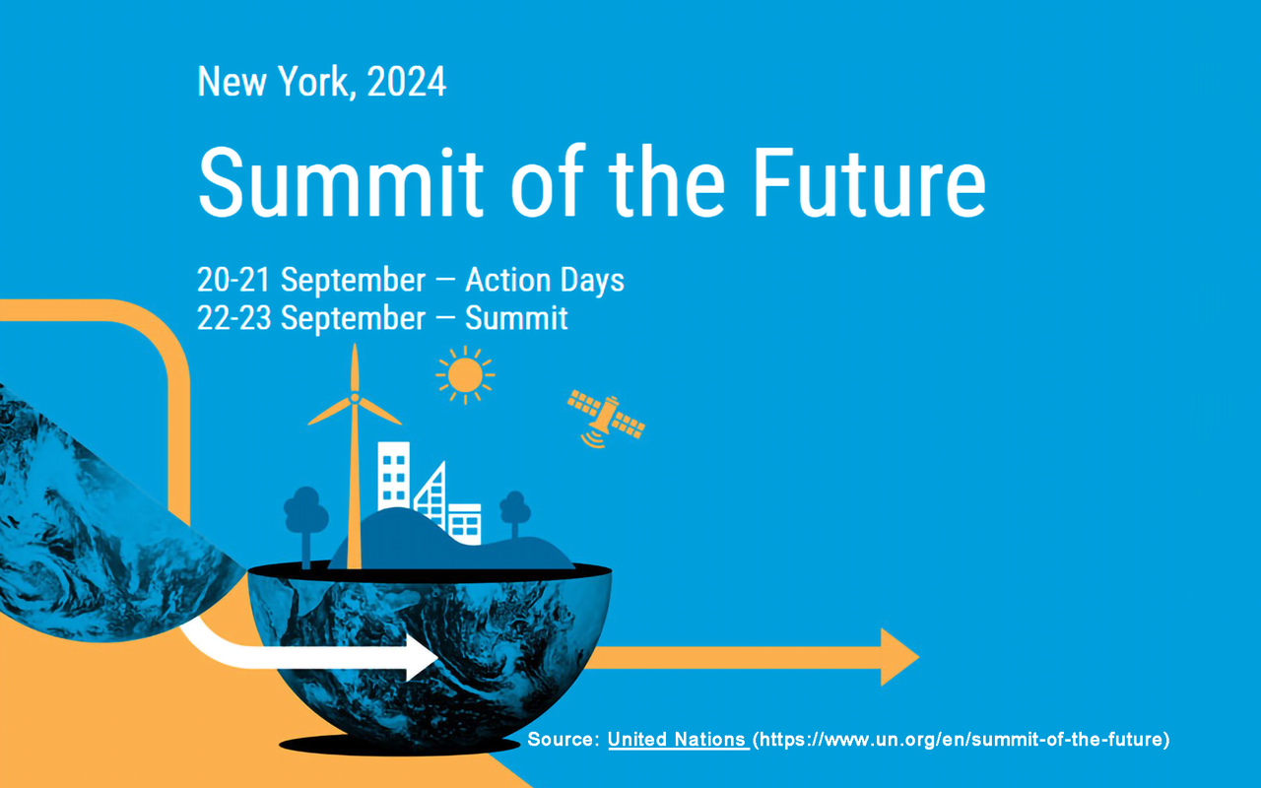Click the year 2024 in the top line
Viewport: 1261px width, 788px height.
pyautogui.click(x=407, y=82)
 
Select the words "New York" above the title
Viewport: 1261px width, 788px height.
pyautogui.click(x=273, y=82)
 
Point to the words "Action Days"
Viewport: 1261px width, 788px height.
pyautogui.click(x=545, y=281)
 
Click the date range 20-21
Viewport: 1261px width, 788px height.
pyautogui.click(x=233, y=280)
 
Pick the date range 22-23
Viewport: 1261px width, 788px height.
pyautogui.click(x=234, y=318)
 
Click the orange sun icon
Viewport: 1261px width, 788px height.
pyautogui.click(x=465, y=375)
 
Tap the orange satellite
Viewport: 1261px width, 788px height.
pyautogui.click(x=606, y=418)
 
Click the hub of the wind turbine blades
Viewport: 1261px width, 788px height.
pyautogui.click(x=355, y=398)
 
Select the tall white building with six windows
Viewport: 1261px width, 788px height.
pyautogui.click(x=393, y=476)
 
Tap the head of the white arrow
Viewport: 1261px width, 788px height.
pyautogui.click(x=423, y=657)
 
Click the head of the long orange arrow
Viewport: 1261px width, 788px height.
pyautogui.click(x=899, y=657)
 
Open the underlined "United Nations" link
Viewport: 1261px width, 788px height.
pyautogui.click(x=678, y=739)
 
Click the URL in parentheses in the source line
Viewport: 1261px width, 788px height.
pyautogui.click(x=961, y=739)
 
